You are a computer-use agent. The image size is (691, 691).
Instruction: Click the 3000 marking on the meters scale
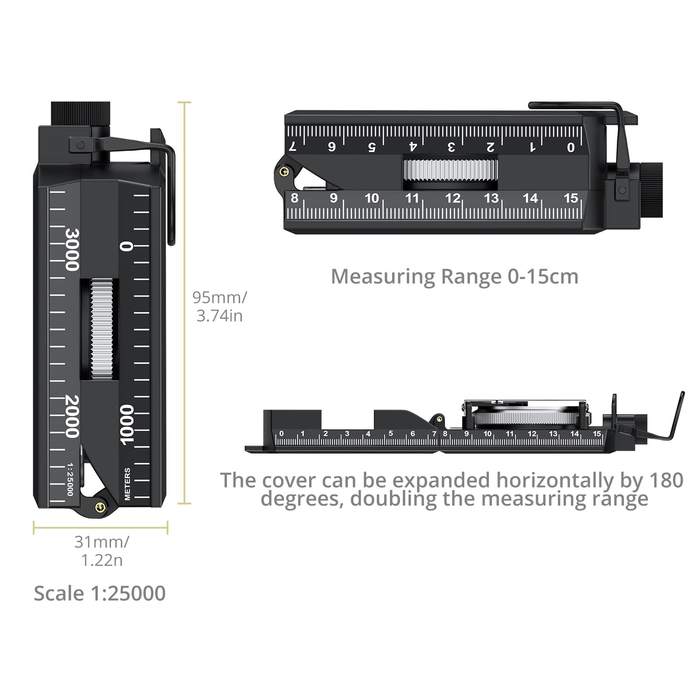72,250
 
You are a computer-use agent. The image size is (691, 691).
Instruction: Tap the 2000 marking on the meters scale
72,417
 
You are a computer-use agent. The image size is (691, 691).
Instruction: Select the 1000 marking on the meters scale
127,425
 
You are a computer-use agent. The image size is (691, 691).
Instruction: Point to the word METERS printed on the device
127,484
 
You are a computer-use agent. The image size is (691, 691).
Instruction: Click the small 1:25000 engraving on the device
70,480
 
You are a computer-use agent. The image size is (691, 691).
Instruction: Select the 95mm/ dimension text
219,297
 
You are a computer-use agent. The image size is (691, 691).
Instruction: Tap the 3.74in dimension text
219,316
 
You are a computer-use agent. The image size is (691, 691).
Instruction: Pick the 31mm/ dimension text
101,542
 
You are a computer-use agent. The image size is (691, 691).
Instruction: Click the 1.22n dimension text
102,560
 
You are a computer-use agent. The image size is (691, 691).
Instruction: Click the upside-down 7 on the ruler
293,146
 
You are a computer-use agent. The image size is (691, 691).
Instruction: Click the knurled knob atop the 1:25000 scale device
80,114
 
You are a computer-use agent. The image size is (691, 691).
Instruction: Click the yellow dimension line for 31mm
100,528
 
